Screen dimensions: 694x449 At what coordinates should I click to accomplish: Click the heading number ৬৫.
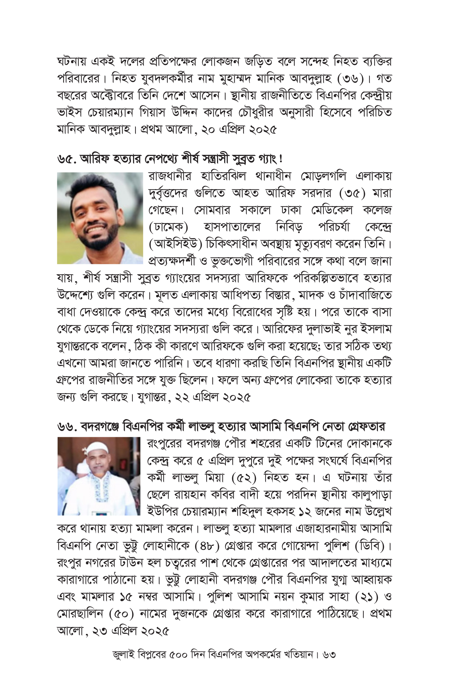[66, 159]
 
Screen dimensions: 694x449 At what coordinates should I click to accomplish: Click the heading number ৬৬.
[67, 427]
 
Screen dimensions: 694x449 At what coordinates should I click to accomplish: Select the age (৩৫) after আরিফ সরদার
[352, 193]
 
